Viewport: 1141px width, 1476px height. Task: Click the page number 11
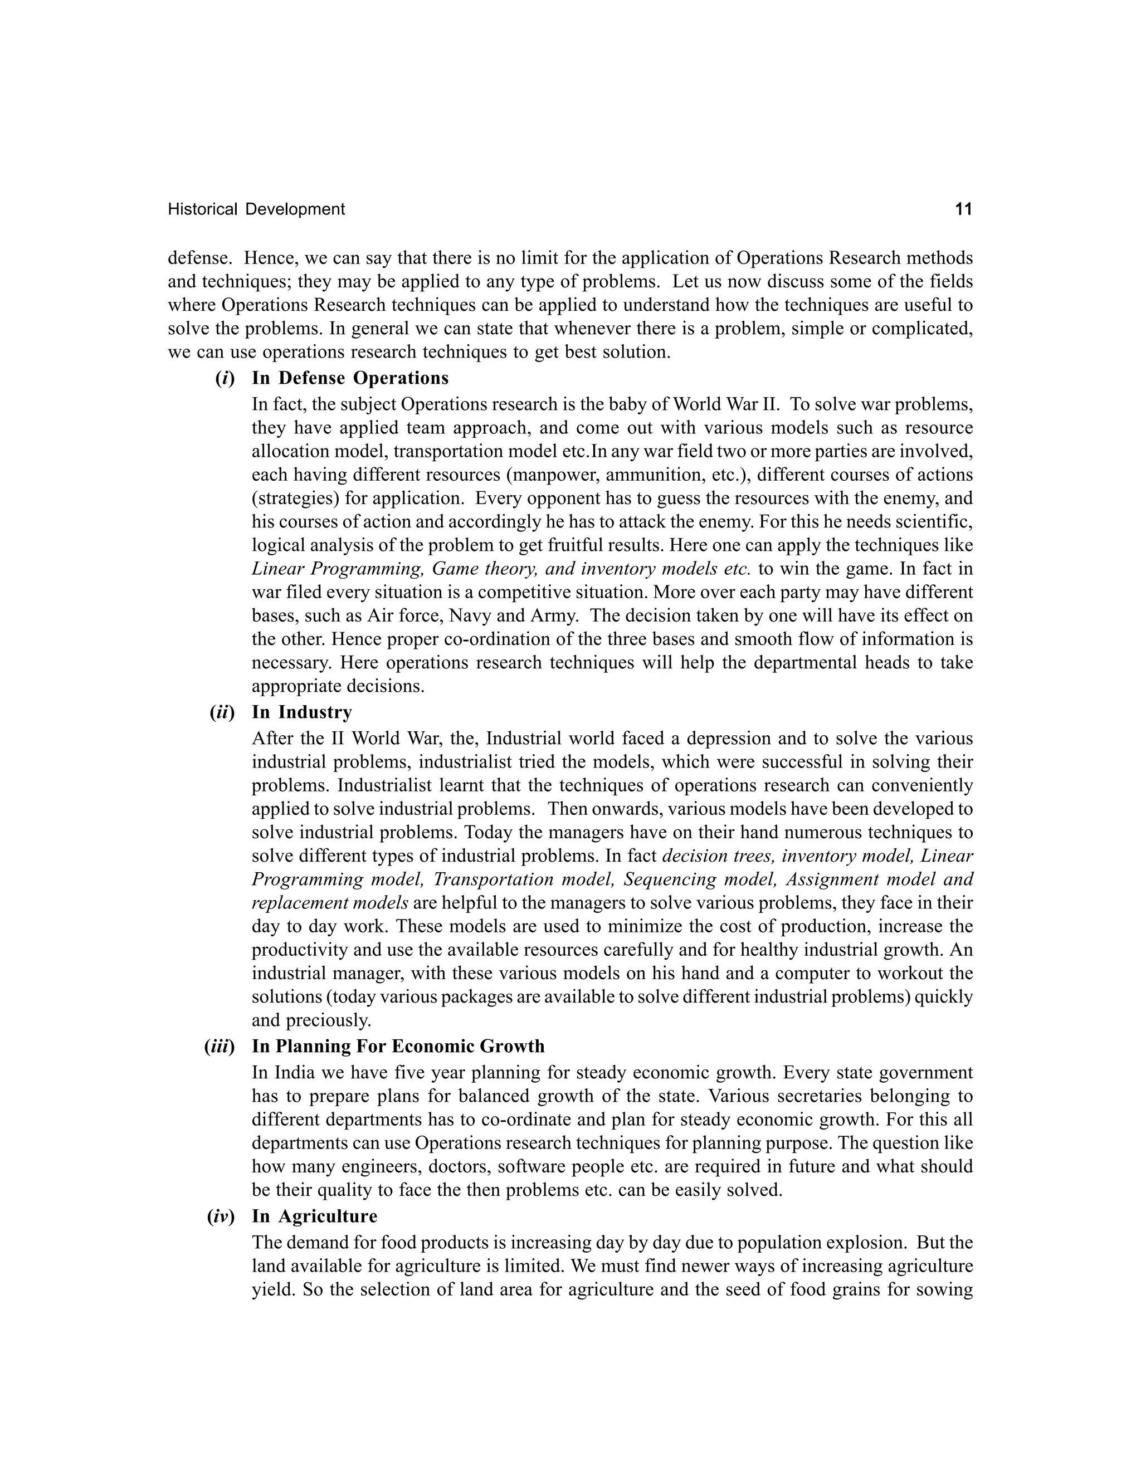(963, 209)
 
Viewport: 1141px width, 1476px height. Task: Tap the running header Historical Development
(256, 209)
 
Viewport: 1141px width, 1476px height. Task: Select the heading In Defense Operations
(350, 378)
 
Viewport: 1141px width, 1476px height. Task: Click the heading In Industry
(301, 712)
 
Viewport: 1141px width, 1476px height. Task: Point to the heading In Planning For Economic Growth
(398, 1047)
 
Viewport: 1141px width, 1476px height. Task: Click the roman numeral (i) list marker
(225, 378)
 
